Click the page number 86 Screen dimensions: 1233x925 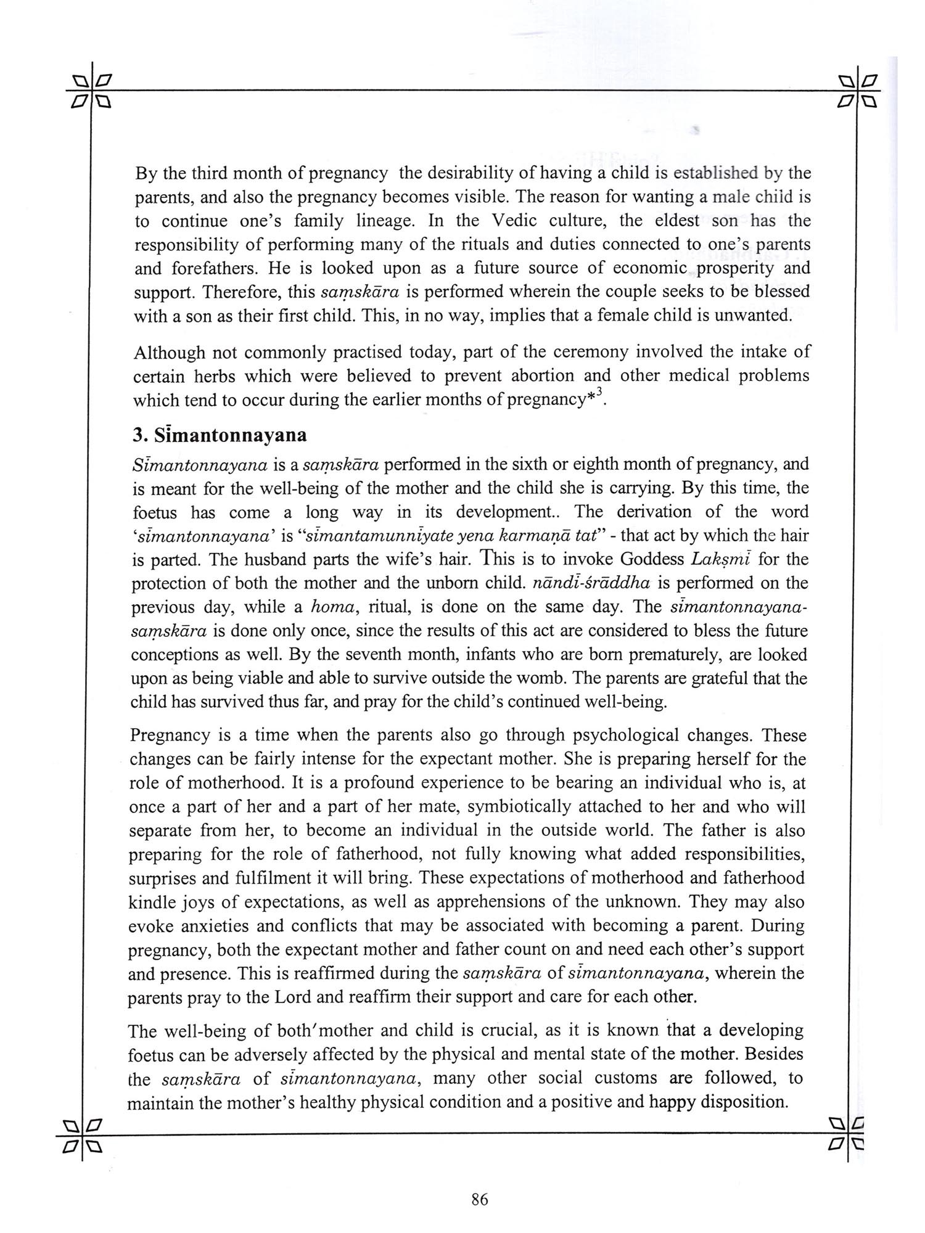point(479,1200)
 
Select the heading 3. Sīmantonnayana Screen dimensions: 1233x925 point(220,435)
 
